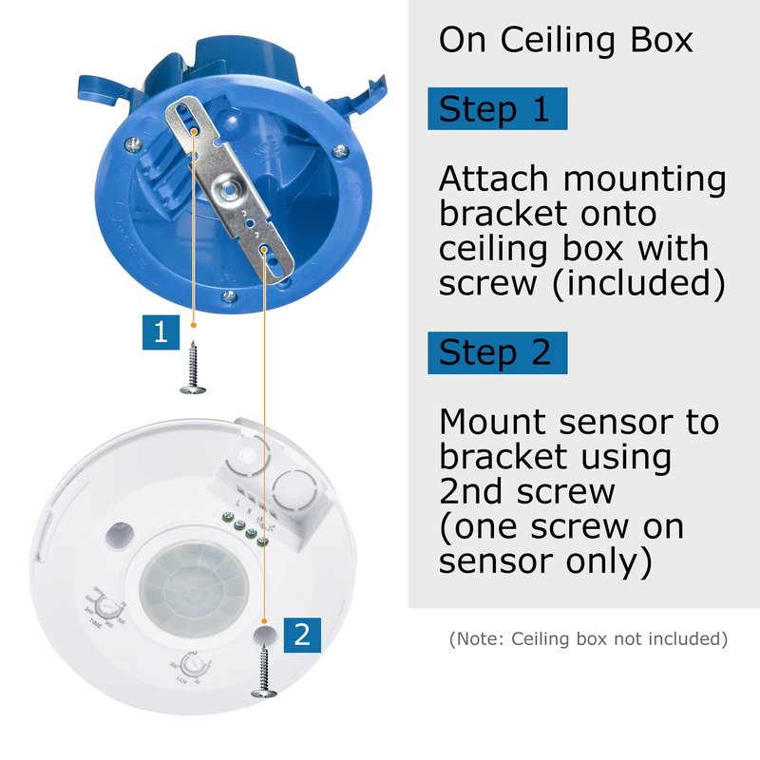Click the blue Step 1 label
(497, 109)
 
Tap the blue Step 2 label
(497, 352)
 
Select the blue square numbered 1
(161, 332)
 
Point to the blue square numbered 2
(301, 634)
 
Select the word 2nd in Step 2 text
(475, 490)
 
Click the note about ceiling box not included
(588, 638)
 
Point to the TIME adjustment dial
(111, 606)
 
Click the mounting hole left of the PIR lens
(120, 533)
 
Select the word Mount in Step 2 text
(498, 421)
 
